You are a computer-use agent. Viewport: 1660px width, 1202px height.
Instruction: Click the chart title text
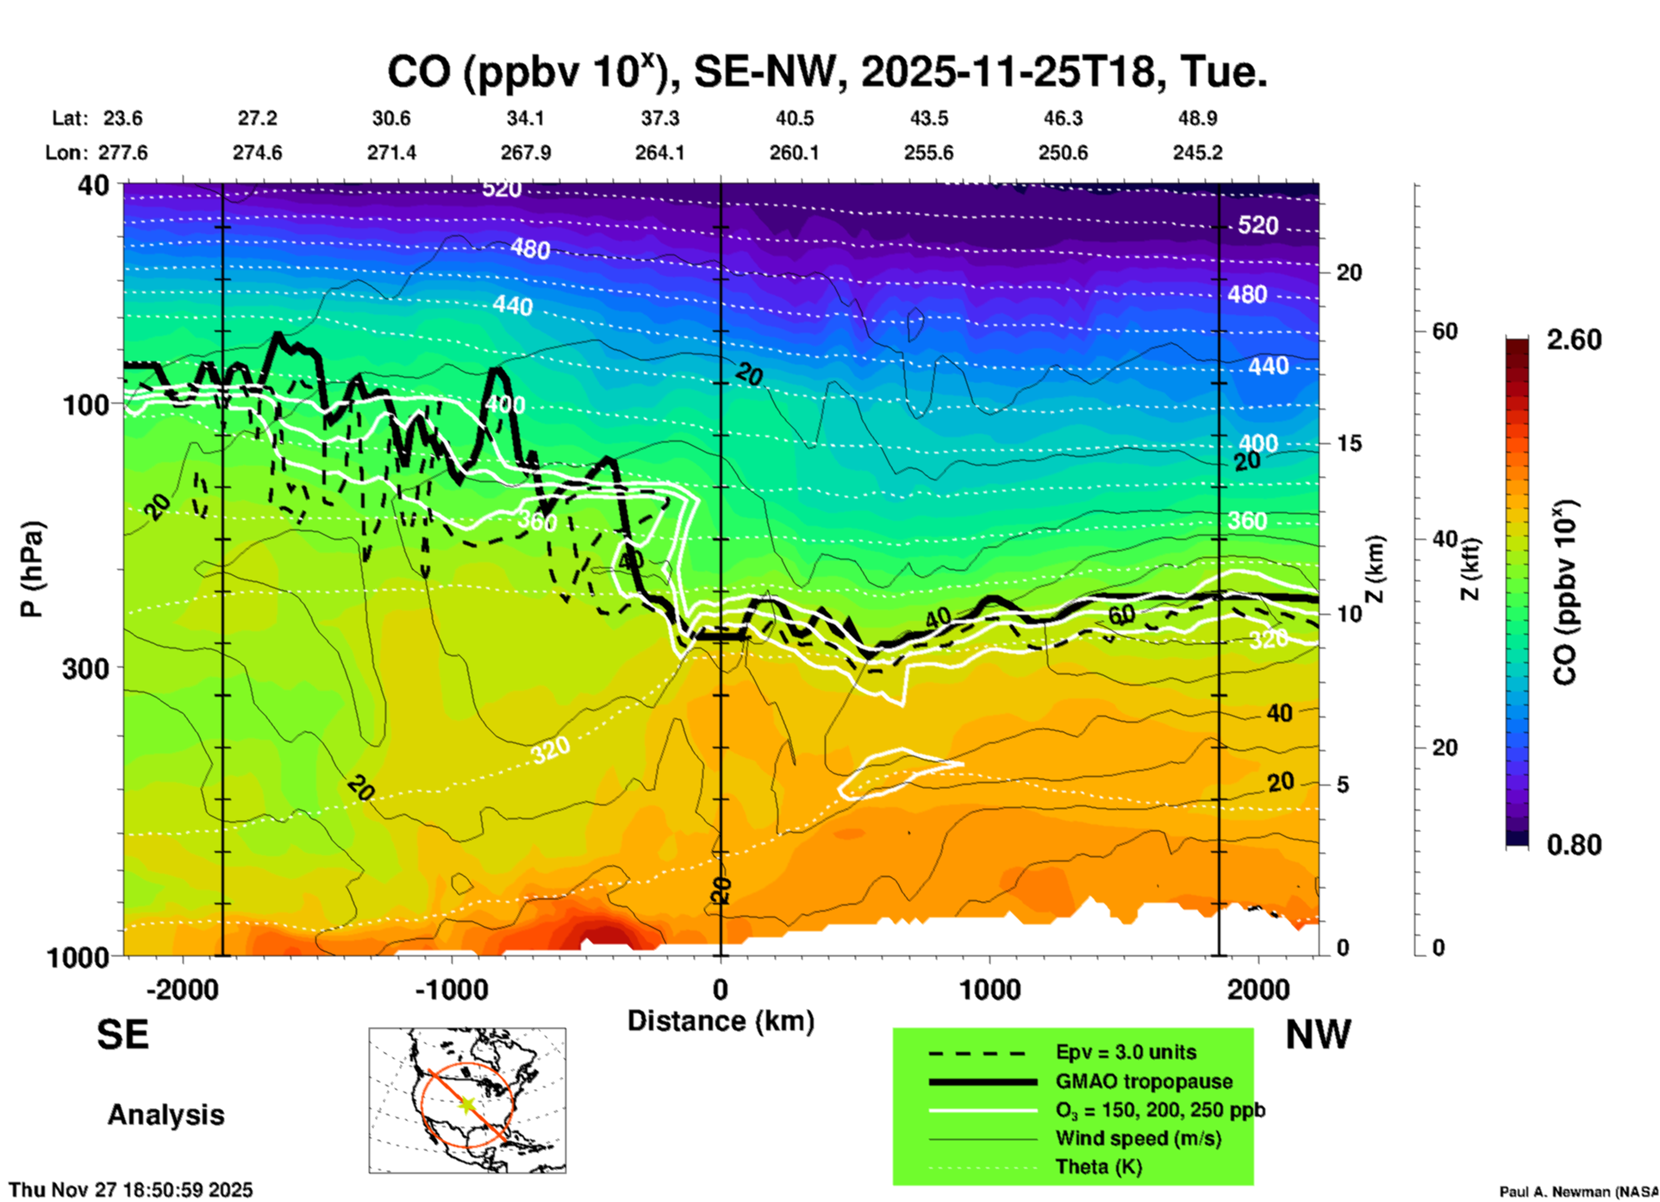(827, 72)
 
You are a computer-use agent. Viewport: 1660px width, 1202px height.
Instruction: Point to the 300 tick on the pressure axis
(85, 668)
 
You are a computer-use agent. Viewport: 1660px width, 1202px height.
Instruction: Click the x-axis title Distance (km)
(721, 1021)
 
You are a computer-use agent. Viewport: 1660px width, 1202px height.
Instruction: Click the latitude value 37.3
(659, 118)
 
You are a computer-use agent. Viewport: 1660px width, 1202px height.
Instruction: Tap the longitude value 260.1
(794, 153)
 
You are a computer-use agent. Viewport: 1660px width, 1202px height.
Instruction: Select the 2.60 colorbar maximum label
(1574, 340)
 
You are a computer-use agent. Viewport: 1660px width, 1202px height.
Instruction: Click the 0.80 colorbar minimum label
(1574, 845)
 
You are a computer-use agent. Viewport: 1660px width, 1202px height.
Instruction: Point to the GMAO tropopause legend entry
(1144, 1081)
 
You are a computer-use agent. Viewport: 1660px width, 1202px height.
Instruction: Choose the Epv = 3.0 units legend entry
(1126, 1052)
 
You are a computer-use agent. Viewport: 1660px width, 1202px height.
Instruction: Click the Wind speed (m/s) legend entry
(1138, 1138)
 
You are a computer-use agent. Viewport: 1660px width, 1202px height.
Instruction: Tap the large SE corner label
(122, 1035)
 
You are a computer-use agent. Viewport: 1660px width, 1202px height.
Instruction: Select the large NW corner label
(1318, 1035)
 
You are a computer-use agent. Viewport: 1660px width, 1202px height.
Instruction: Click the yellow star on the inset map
(467, 1104)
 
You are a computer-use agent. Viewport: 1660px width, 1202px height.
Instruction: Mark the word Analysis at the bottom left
(165, 1115)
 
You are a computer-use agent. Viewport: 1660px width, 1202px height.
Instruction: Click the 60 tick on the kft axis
(1445, 331)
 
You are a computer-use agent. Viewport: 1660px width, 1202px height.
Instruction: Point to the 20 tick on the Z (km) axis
(1349, 272)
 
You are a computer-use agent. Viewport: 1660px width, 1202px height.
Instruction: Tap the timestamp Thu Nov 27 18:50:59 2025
(131, 1190)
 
